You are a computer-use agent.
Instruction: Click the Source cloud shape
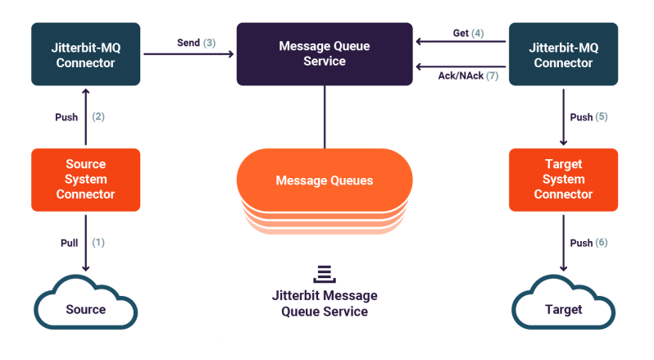[86, 308]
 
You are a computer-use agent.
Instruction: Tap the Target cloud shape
[563, 308]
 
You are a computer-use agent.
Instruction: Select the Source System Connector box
[86, 180]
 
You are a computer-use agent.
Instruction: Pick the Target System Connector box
[563, 180]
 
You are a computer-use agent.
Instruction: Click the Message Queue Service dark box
[325, 54]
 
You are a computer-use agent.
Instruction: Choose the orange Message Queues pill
[325, 180]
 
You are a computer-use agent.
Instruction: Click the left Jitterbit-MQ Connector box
[86, 54]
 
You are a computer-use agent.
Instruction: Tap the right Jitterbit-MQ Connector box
[563, 54]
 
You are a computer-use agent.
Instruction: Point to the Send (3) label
[196, 42]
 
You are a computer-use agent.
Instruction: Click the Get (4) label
[468, 34]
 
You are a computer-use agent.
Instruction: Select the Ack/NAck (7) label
[468, 75]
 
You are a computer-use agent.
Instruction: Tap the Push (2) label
[79, 117]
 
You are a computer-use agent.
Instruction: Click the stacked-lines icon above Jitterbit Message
[325, 273]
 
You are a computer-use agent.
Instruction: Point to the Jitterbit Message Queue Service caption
[325, 303]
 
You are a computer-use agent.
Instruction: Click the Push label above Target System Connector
[588, 117]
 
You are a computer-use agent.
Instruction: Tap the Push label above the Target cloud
[588, 243]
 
